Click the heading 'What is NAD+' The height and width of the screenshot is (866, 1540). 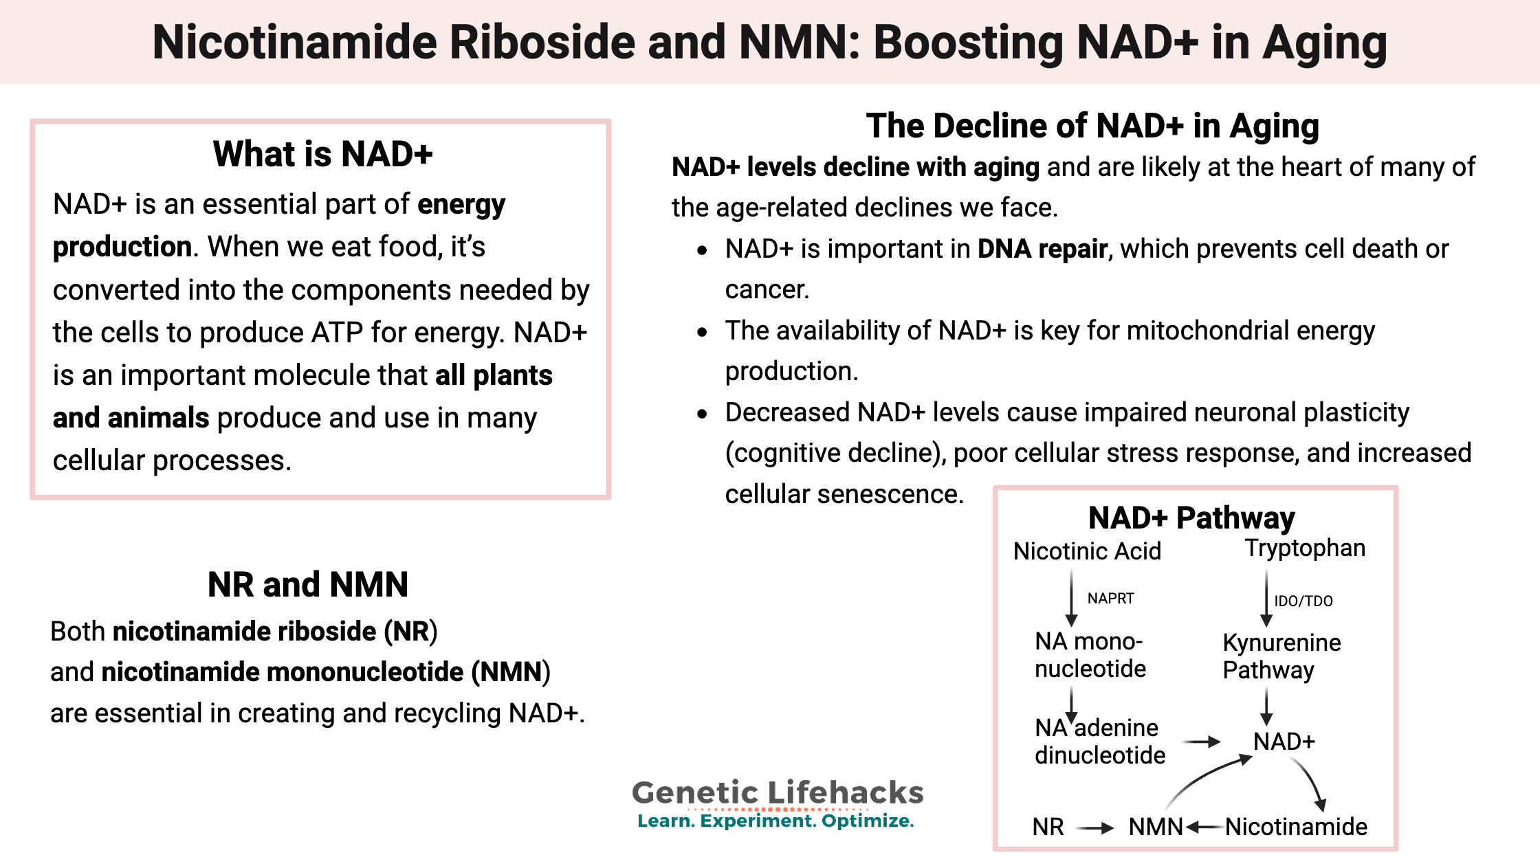click(322, 154)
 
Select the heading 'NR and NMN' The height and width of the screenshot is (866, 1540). click(308, 585)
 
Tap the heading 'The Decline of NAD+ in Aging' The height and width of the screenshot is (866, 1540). click(1092, 126)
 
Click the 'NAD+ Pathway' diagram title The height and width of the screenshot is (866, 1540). click(1191, 518)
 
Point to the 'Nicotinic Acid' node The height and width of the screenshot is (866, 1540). click(1087, 551)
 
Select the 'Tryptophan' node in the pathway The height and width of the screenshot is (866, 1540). click(1305, 548)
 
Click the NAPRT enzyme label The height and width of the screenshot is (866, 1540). click(1110, 599)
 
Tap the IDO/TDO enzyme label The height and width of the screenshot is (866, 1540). click(1303, 601)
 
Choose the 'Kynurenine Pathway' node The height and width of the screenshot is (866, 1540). click(1281, 656)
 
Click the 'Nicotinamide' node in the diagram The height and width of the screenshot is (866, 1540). click(1296, 827)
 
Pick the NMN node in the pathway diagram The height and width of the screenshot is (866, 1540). click(1155, 827)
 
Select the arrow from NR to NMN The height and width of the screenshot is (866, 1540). click(1095, 828)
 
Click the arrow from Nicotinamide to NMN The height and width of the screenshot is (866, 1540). click(1204, 827)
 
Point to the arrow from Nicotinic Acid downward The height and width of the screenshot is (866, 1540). click(1071, 598)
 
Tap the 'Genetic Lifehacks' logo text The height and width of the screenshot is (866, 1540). click(778, 792)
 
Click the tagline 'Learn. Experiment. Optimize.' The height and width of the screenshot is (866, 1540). click(775, 821)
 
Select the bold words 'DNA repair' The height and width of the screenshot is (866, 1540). click(1042, 249)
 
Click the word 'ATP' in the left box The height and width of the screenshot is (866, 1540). click(337, 333)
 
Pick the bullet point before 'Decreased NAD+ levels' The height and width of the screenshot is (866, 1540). click(702, 414)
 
